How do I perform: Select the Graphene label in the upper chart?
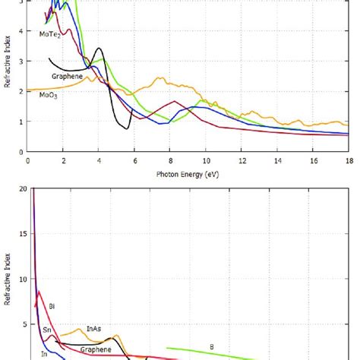pos(67,77)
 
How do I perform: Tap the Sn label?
pos(46,330)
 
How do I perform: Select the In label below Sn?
pos(44,354)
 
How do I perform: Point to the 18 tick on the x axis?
pos(348,160)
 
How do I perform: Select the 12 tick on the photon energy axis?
pos(242,160)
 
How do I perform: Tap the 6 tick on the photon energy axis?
pos(134,160)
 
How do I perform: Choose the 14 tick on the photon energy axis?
pos(277,160)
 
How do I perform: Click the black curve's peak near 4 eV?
pos(99,49)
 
